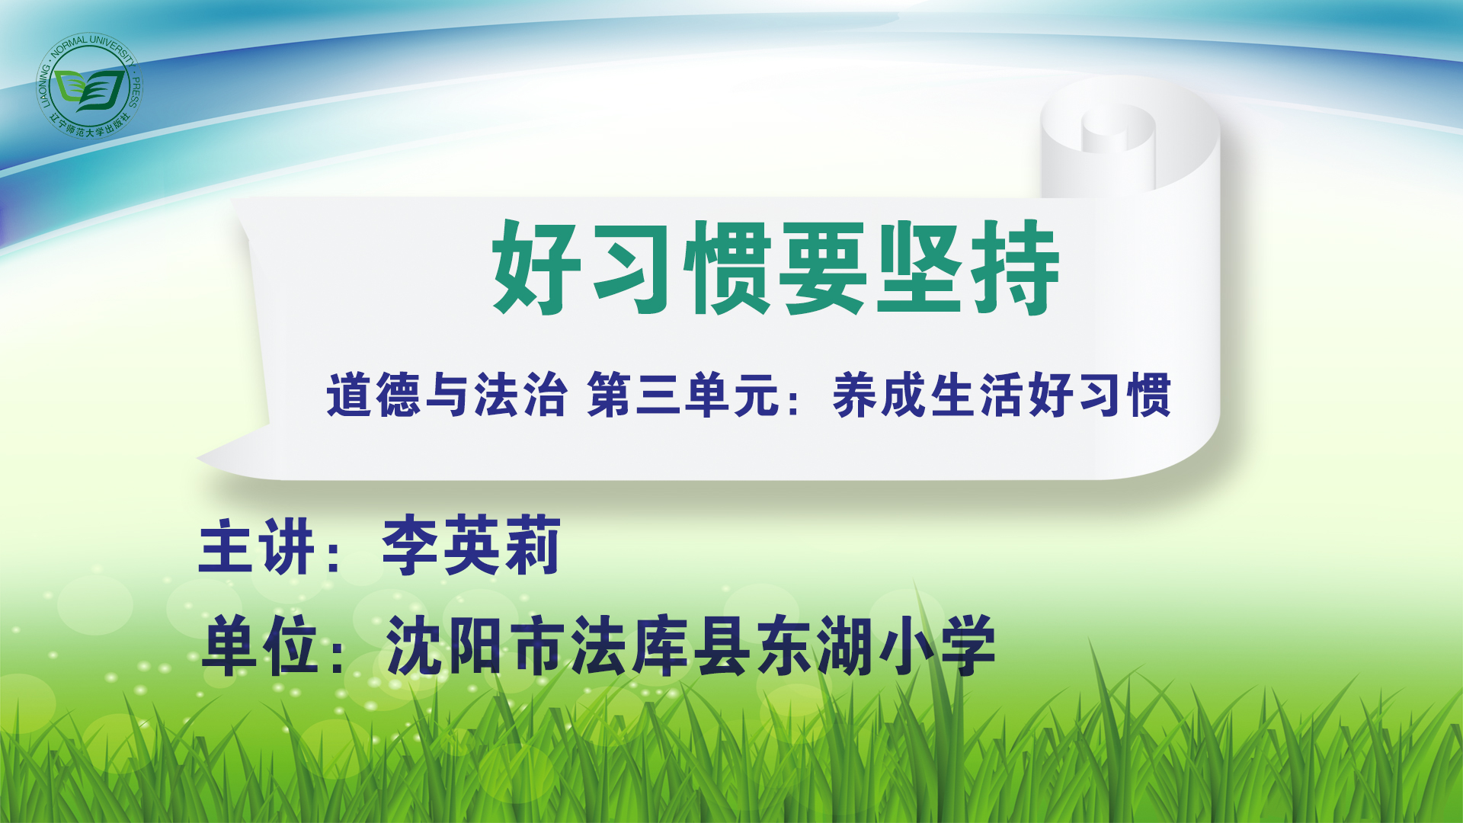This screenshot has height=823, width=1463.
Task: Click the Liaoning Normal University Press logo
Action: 90,85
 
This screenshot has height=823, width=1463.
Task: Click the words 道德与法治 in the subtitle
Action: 447,395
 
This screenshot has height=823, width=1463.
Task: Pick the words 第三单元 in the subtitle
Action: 683,395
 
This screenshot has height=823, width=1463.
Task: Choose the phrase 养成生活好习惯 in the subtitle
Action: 1002,395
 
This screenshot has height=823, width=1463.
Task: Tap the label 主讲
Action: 256,546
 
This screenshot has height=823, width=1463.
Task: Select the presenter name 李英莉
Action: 472,546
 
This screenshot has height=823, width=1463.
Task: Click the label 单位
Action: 260,646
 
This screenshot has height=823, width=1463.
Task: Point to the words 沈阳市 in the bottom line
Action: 478,646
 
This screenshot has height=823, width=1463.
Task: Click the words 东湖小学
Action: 876,646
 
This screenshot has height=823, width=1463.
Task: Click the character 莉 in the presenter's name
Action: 532,546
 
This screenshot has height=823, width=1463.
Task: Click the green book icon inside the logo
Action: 90,90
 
